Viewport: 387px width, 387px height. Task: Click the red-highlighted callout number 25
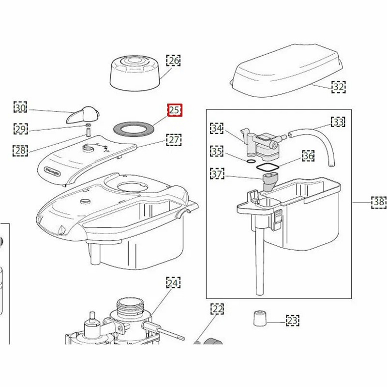click(174, 110)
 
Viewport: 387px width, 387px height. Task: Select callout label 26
click(173, 60)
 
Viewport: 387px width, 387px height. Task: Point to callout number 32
click(338, 87)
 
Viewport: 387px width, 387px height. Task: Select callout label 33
click(338, 122)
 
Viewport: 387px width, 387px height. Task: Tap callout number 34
click(217, 128)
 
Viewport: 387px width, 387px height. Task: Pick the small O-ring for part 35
click(251, 161)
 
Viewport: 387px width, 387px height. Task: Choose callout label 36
click(308, 156)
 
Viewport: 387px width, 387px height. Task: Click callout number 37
click(217, 173)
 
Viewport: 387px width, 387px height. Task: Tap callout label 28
click(20, 150)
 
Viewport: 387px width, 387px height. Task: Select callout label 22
click(217, 309)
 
